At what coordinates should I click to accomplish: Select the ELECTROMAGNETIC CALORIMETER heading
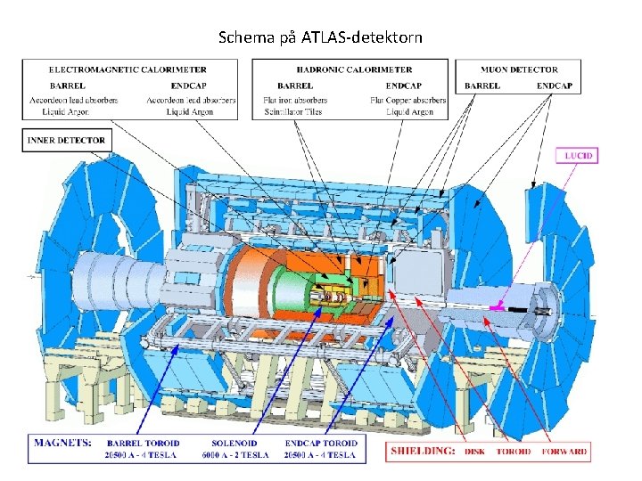[128, 69]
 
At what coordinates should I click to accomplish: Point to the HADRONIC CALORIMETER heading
[355, 69]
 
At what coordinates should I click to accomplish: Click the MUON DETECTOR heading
[519, 69]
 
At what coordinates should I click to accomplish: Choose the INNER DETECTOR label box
[66, 140]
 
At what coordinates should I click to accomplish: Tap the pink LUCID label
[579, 156]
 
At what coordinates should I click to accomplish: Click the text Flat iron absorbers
[296, 100]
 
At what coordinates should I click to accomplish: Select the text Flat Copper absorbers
[407, 100]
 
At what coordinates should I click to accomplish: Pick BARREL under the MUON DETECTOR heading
[482, 86]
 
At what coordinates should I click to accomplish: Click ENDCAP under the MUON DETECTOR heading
[554, 86]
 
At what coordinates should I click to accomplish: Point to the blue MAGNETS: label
[63, 442]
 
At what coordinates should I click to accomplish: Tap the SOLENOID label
[235, 443]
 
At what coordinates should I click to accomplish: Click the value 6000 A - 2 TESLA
[235, 454]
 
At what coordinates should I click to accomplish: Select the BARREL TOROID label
[142, 443]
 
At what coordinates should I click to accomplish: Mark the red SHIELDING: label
[423, 452]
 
